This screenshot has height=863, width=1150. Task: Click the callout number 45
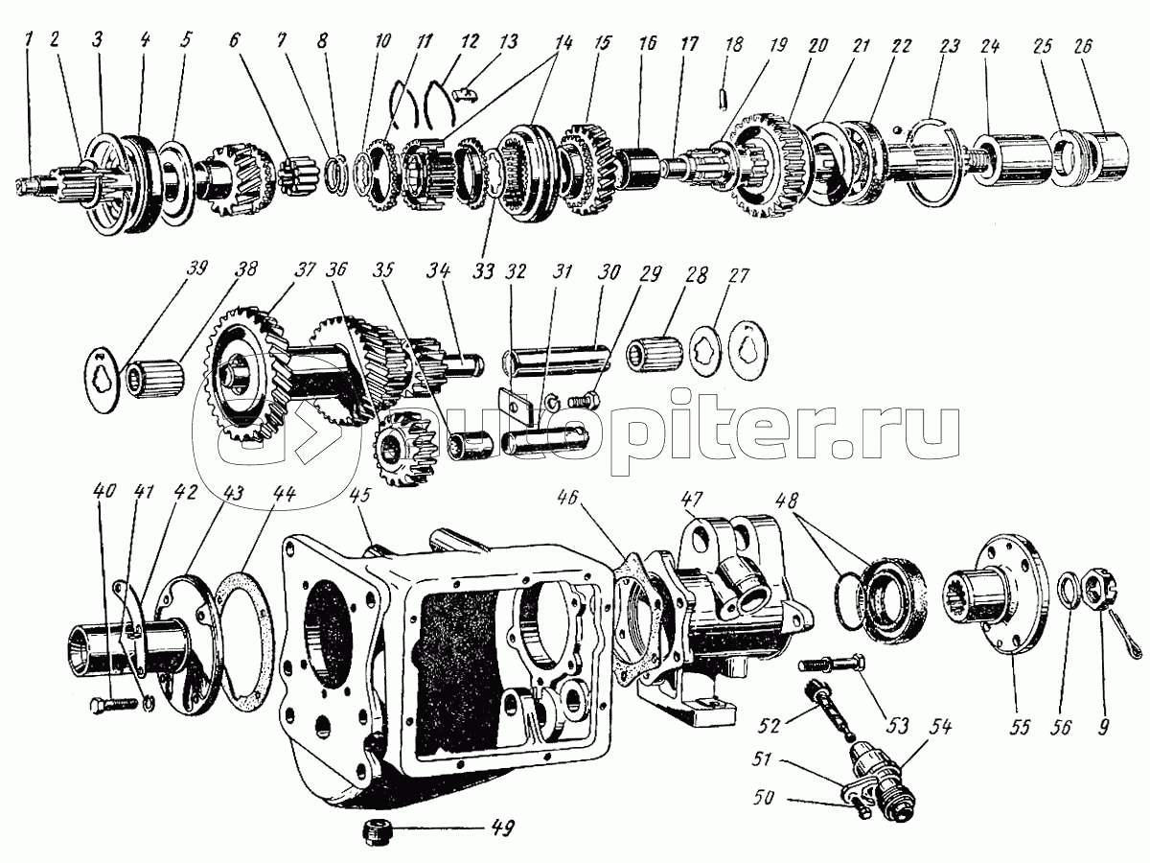click(x=359, y=497)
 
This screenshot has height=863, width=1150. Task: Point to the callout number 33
click(x=484, y=272)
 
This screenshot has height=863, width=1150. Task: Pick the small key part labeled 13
click(x=466, y=93)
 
